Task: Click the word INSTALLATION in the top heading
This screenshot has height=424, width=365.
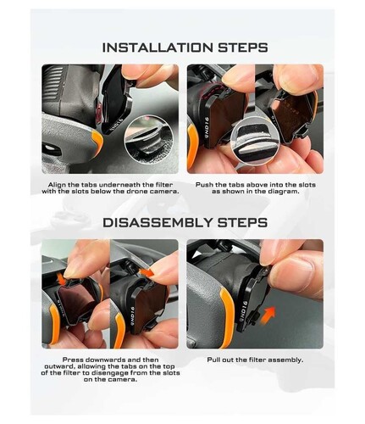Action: tap(158, 47)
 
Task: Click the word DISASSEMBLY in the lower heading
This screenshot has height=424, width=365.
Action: tap(158, 222)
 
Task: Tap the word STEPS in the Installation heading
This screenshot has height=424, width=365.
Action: tap(243, 47)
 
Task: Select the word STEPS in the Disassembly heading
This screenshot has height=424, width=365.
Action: tap(242, 222)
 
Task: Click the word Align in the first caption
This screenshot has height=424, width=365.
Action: tap(58, 185)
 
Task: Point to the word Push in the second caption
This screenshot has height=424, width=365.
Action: tap(204, 185)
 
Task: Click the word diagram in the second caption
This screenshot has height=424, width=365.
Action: tap(284, 192)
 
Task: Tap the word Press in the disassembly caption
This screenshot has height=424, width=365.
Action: tap(73, 360)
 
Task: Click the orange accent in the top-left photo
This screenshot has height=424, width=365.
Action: tap(98, 142)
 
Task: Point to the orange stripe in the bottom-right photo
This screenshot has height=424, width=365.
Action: tap(227, 315)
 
